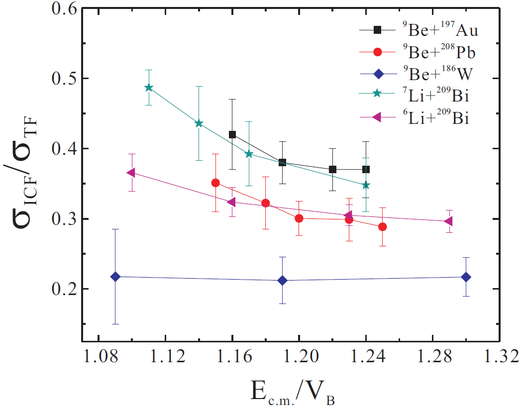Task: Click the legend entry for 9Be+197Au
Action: (418, 31)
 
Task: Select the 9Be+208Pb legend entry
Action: (418, 52)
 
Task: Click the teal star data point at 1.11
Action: (148, 88)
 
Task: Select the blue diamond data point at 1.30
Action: (466, 277)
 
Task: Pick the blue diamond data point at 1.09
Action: (115, 277)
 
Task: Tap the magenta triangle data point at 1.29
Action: (448, 221)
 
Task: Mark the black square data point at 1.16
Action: (232, 134)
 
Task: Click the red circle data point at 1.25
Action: (383, 227)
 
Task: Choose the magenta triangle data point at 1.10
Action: (131, 173)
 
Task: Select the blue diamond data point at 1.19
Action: (283, 281)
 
